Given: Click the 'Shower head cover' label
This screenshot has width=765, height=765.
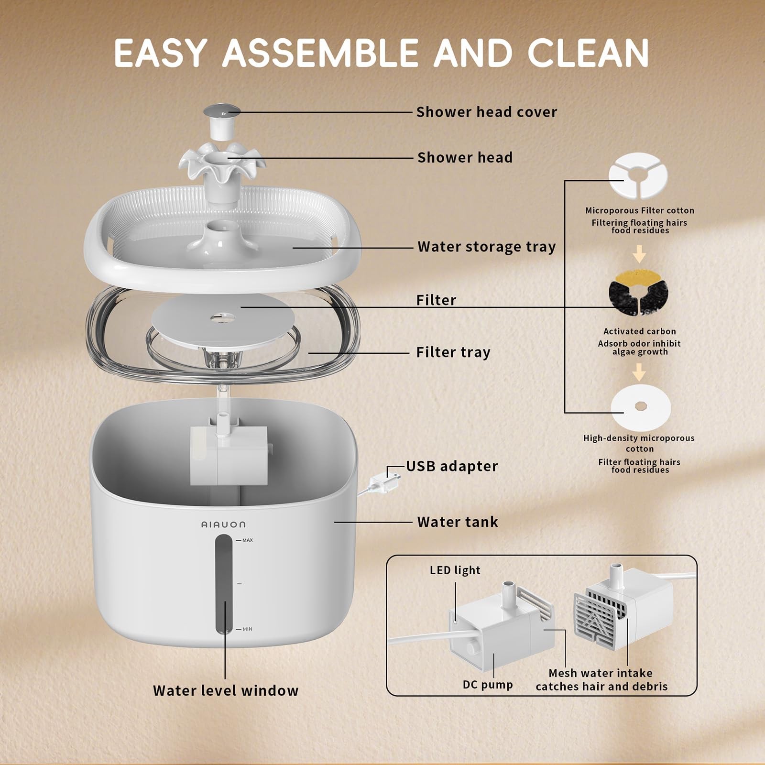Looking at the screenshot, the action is tap(486, 112).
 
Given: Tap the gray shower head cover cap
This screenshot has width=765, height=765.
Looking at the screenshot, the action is tap(222, 112).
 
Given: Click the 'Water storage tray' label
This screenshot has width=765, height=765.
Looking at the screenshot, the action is tap(486, 247).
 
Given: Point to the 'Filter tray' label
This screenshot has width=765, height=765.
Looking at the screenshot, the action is tap(453, 352).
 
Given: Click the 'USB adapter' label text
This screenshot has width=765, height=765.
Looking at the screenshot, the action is tap(452, 466).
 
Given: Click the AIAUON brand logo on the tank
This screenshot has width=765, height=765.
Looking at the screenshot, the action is tap(223, 525).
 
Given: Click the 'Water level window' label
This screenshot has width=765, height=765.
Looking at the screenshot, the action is tap(226, 690).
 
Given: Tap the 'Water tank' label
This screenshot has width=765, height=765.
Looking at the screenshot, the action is tap(458, 522).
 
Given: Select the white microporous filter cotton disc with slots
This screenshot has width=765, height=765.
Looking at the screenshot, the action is tap(638, 175).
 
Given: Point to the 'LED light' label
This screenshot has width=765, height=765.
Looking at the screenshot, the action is tap(455, 570).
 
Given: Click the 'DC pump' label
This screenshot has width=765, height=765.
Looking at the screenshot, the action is tap(488, 685).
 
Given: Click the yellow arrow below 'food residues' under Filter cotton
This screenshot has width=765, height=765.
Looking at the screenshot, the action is tap(639, 254).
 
